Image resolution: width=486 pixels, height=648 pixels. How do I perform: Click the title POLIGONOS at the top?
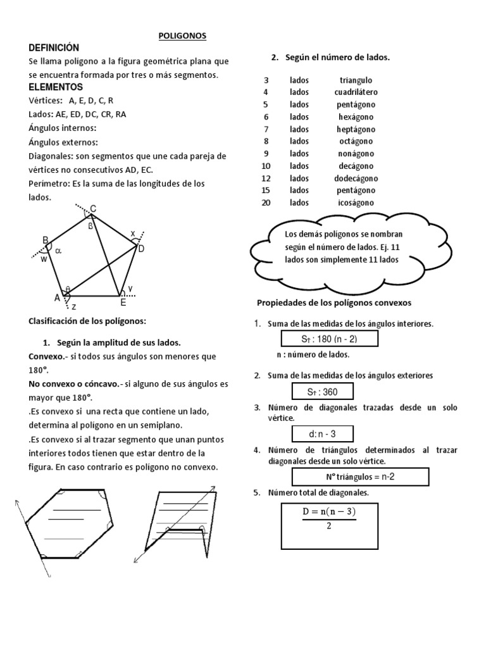[182, 37]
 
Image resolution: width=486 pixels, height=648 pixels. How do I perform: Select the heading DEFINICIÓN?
[54, 48]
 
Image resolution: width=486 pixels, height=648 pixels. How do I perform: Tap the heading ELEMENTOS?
[56, 87]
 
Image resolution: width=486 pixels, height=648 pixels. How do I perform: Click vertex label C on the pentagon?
[93, 209]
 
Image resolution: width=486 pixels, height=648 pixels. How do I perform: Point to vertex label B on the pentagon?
[46, 240]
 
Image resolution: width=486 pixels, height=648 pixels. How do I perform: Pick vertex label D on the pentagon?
[141, 249]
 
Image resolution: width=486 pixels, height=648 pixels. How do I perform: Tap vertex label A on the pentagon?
[57, 297]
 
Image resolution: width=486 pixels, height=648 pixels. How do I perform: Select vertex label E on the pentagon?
[124, 302]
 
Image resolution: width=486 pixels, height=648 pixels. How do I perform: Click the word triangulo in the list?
[356, 80]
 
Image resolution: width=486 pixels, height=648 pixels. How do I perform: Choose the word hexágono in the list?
[356, 116]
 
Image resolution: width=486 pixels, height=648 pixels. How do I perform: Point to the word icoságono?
[356, 202]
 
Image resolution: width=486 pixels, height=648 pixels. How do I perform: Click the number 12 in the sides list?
[266, 178]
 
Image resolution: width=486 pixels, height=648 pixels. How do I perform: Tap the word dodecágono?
[356, 178]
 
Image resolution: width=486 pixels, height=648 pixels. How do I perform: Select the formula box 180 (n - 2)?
[330, 339]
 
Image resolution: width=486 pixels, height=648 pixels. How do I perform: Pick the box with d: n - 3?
[322, 434]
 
